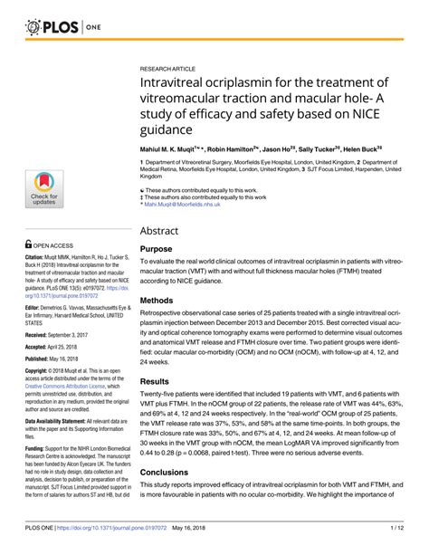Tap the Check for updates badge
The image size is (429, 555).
(x=44, y=188)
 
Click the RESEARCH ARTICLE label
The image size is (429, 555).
(x=169, y=68)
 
